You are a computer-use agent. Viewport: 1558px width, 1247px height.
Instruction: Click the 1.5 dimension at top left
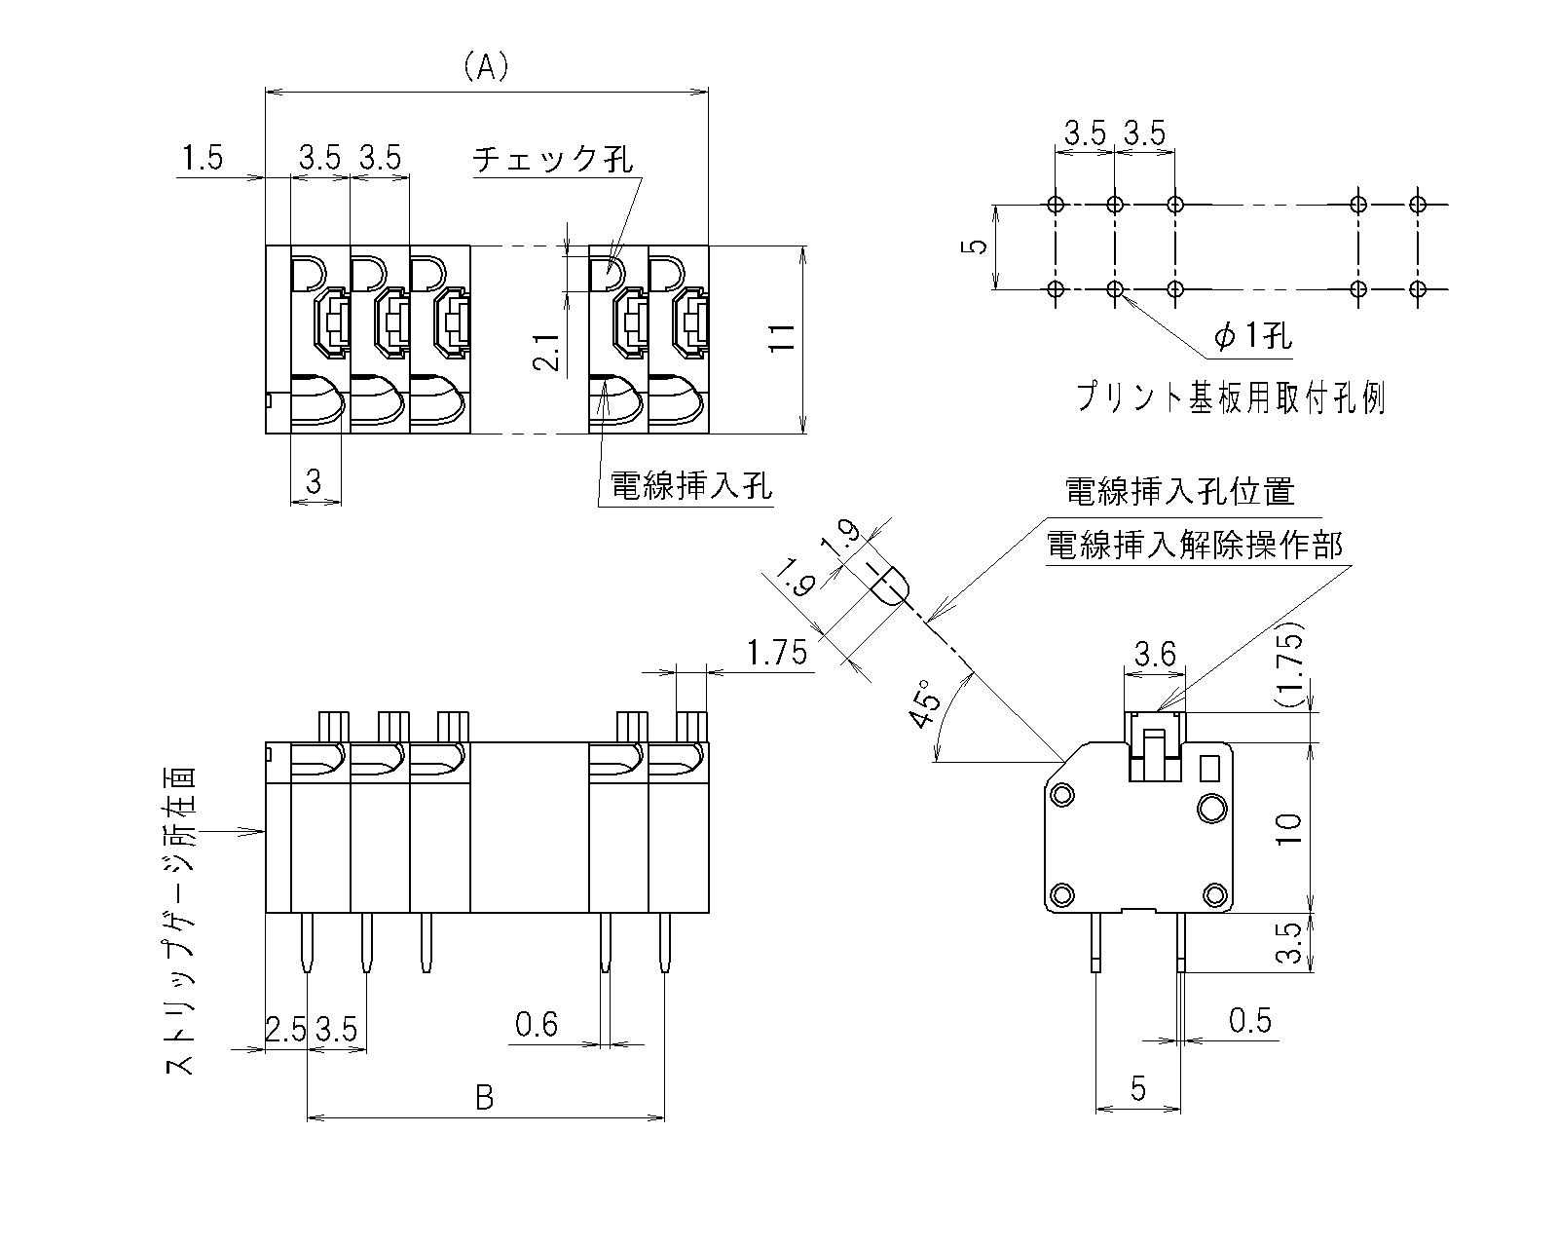pos(203,158)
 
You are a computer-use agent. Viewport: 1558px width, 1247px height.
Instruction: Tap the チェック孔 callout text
pos(552,159)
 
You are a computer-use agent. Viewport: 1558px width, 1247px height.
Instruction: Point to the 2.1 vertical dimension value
pos(547,352)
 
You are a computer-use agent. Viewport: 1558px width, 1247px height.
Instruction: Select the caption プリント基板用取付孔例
pos(1230,398)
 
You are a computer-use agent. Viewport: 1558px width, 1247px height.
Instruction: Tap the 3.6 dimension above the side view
pos(1155,654)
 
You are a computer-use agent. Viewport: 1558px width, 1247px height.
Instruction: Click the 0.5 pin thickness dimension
pos(1250,1021)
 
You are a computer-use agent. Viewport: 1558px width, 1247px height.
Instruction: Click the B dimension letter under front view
pos(484,1099)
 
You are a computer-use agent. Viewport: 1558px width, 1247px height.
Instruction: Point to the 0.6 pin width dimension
pos(537,1025)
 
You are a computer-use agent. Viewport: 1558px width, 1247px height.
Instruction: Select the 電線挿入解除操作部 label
pos(1194,546)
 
